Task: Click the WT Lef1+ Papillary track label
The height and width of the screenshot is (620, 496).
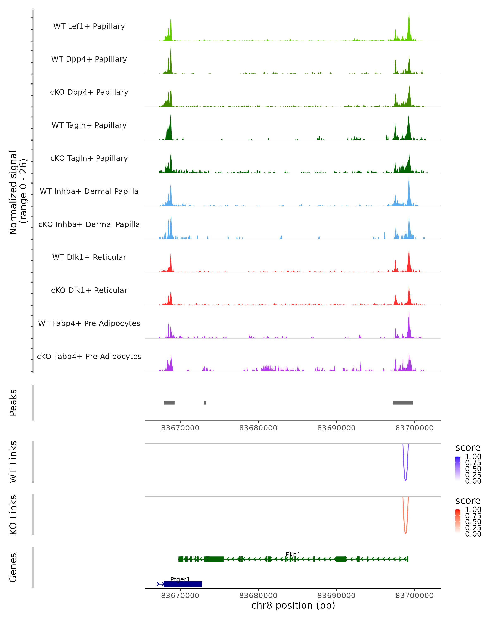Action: (x=89, y=26)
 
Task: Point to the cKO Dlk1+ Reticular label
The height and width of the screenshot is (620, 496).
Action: (x=89, y=290)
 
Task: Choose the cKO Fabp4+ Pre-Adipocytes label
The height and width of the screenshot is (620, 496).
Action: (x=89, y=356)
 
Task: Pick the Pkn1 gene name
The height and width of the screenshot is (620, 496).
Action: (x=293, y=554)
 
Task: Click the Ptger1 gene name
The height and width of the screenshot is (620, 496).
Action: (x=180, y=579)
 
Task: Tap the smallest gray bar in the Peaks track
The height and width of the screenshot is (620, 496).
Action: (x=205, y=403)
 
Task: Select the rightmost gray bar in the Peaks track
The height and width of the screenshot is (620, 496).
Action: (x=403, y=403)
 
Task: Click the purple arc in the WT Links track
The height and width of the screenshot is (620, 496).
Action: (x=405, y=480)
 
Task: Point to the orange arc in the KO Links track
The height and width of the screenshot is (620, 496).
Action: (x=405, y=533)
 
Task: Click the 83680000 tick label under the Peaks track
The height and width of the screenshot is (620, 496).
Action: (x=258, y=428)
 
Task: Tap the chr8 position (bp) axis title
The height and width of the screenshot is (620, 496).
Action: (x=293, y=605)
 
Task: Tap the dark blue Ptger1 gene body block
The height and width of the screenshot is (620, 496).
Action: (x=182, y=584)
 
